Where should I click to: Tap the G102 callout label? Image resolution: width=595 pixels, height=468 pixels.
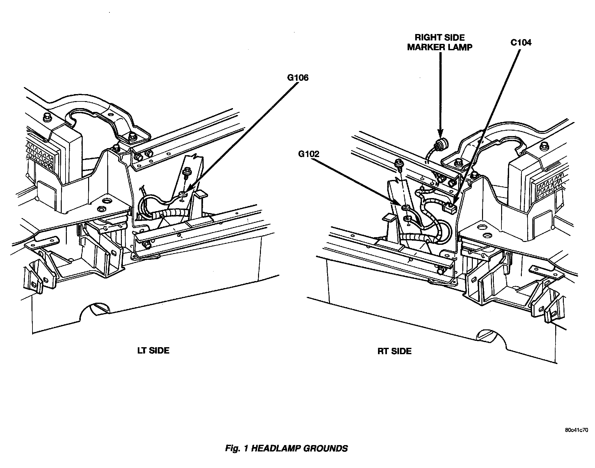tap(308, 154)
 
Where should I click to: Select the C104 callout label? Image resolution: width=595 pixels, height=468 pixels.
tap(521, 43)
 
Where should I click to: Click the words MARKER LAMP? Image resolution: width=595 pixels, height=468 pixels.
tap(440, 47)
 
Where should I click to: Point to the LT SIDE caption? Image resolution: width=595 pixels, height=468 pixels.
tap(153, 350)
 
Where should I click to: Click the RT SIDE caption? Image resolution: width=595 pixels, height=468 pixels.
tap(395, 351)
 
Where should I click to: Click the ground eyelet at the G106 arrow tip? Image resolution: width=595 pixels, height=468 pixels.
tap(183, 193)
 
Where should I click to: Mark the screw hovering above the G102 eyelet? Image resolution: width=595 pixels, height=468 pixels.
tap(398, 164)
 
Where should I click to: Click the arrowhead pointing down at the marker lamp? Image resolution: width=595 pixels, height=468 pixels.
tap(441, 133)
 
